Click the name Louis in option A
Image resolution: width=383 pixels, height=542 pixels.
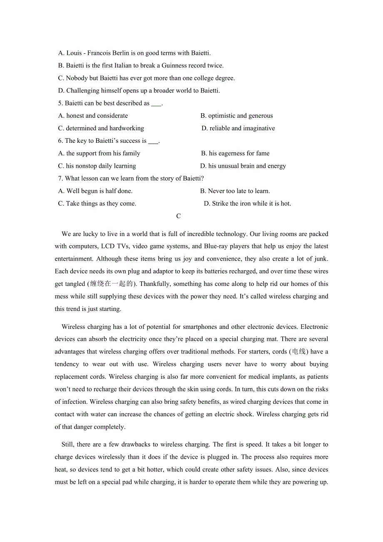(74, 53)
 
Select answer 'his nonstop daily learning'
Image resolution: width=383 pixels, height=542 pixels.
(101, 166)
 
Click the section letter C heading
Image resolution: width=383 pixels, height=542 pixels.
(179, 216)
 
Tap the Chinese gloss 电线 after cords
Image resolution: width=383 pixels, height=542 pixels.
(299, 352)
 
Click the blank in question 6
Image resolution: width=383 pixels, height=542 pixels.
(153, 141)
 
